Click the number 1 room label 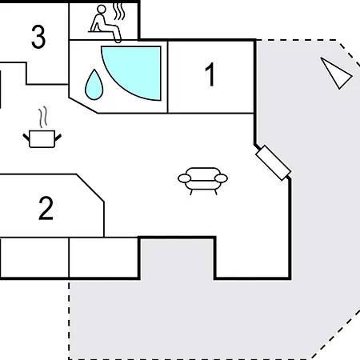click(210, 74)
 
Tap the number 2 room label click(46, 208)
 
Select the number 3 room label click(38, 37)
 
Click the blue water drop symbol click(94, 85)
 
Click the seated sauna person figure click(105, 23)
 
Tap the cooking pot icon click(42, 138)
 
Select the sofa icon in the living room click(202, 181)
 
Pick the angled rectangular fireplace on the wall click(273, 163)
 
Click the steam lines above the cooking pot click(43, 117)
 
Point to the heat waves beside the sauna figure click(118, 11)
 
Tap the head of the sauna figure click(102, 9)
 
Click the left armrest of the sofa click(185, 178)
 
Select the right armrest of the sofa click(221, 178)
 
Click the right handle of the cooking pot click(58, 138)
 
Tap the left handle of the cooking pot click(26, 138)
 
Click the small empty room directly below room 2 click(104, 258)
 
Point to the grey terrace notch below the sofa click(177, 258)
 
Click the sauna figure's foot click(118, 41)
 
